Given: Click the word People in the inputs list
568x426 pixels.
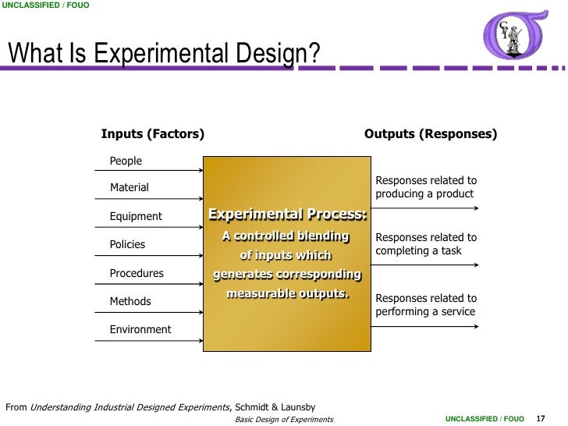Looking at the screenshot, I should tap(126, 161).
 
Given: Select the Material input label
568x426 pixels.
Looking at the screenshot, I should tap(129, 188).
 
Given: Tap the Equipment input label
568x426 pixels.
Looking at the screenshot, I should tap(136, 216).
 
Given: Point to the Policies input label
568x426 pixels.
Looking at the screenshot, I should tap(127, 244).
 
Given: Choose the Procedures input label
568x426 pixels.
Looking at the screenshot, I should tap(137, 273).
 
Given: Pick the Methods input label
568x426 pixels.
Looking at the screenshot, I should tap(130, 301).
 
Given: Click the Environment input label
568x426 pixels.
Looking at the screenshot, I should tap(140, 329).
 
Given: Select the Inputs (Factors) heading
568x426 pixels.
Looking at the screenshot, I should tap(153, 134).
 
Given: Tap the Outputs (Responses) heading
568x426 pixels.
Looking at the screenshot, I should tap(431, 134).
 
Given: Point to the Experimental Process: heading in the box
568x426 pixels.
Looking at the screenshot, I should tap(287, 215).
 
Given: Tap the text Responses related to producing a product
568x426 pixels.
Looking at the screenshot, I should tap(425, 186).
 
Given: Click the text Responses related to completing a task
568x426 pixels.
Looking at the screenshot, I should tap(425, 244).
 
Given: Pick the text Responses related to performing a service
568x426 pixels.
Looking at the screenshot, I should tap(425, 305).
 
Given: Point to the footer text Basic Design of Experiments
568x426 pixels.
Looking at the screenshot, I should tap(284, 420).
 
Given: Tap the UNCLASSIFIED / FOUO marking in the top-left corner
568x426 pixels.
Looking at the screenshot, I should tap(45, 6).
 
